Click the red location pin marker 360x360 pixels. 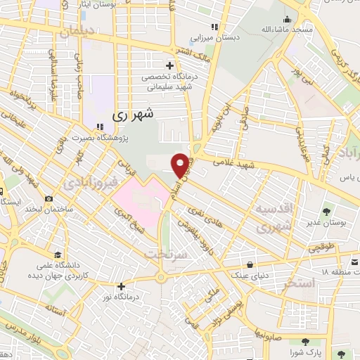click(x=181, y=165)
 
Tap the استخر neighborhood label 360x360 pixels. click(x=295, y=285)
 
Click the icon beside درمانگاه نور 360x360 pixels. click(x=122, y=286)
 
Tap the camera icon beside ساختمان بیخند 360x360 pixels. click(x=49, y=198)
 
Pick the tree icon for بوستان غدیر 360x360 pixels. click(x=326, y=211)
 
